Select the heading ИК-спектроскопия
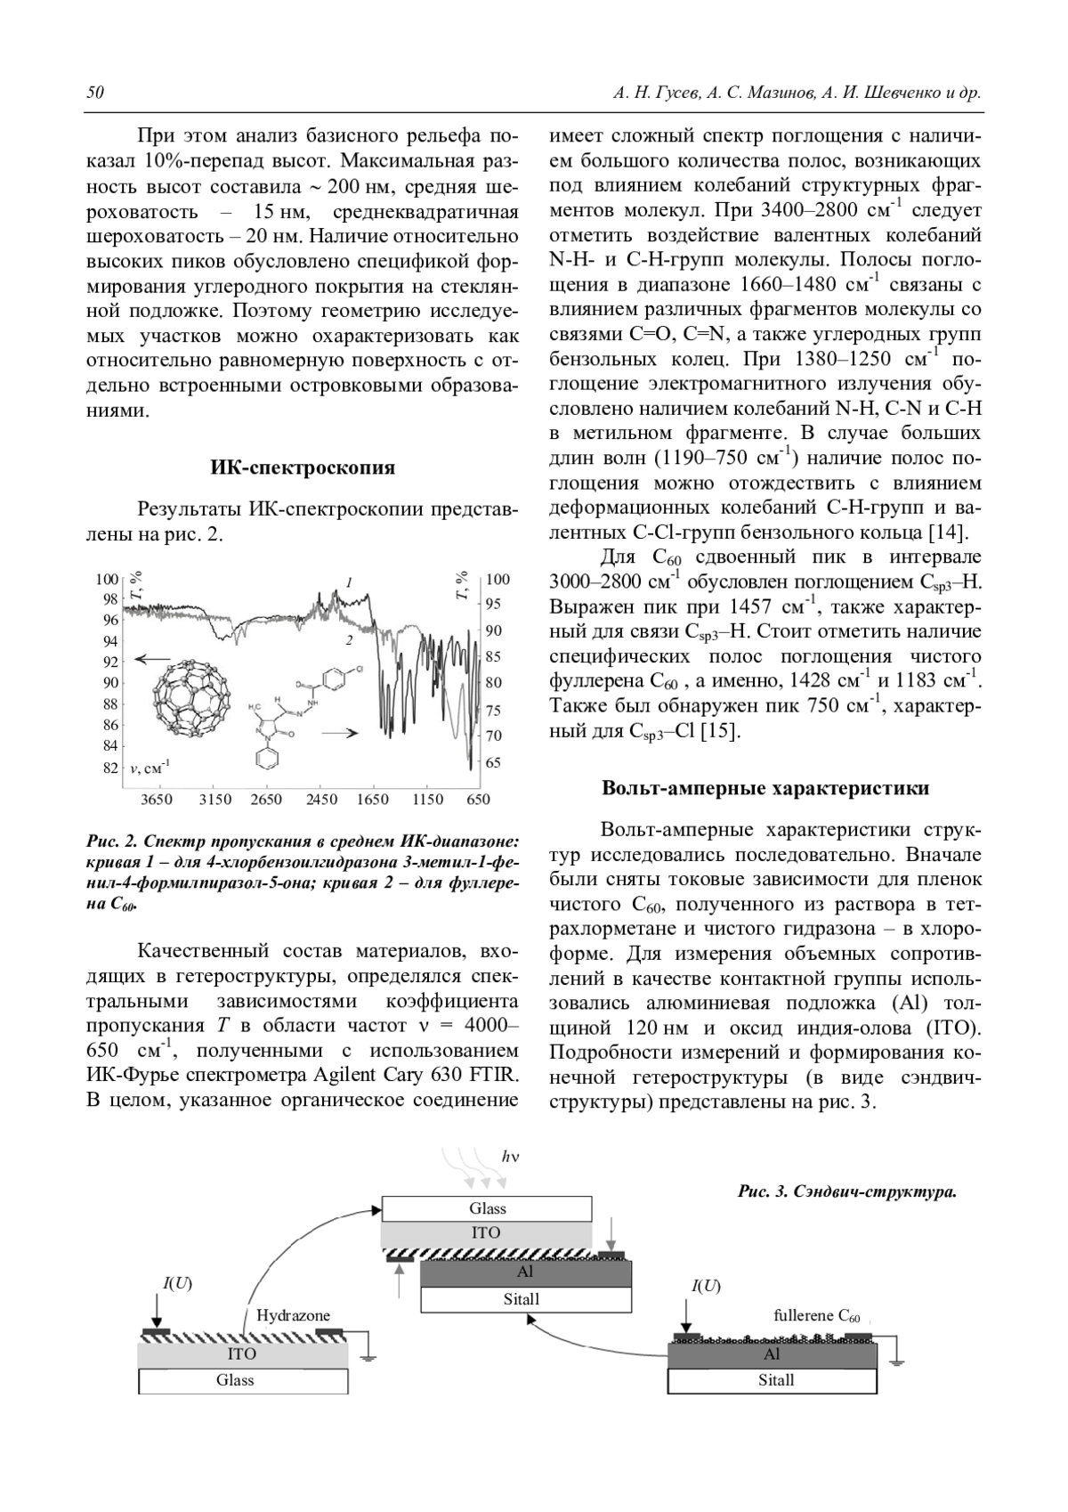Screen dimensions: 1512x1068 pos(303,467)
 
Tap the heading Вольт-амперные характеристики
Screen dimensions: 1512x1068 pos(765,788)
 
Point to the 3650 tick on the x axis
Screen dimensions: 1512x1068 pos(158,800)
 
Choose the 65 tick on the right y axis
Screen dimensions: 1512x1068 pos(493,763)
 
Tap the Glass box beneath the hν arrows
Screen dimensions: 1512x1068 pos(487,1208)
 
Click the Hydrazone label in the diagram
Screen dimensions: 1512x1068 pos(293,1315)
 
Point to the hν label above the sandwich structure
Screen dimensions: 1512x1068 pos(509,1157)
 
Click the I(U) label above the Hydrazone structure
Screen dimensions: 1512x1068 pos(177,1283)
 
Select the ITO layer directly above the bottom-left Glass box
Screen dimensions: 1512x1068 pos(242,1353)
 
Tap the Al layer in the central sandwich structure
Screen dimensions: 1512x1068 pos(525,1272)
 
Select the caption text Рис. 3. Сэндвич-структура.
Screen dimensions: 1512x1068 pos(846,1192)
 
